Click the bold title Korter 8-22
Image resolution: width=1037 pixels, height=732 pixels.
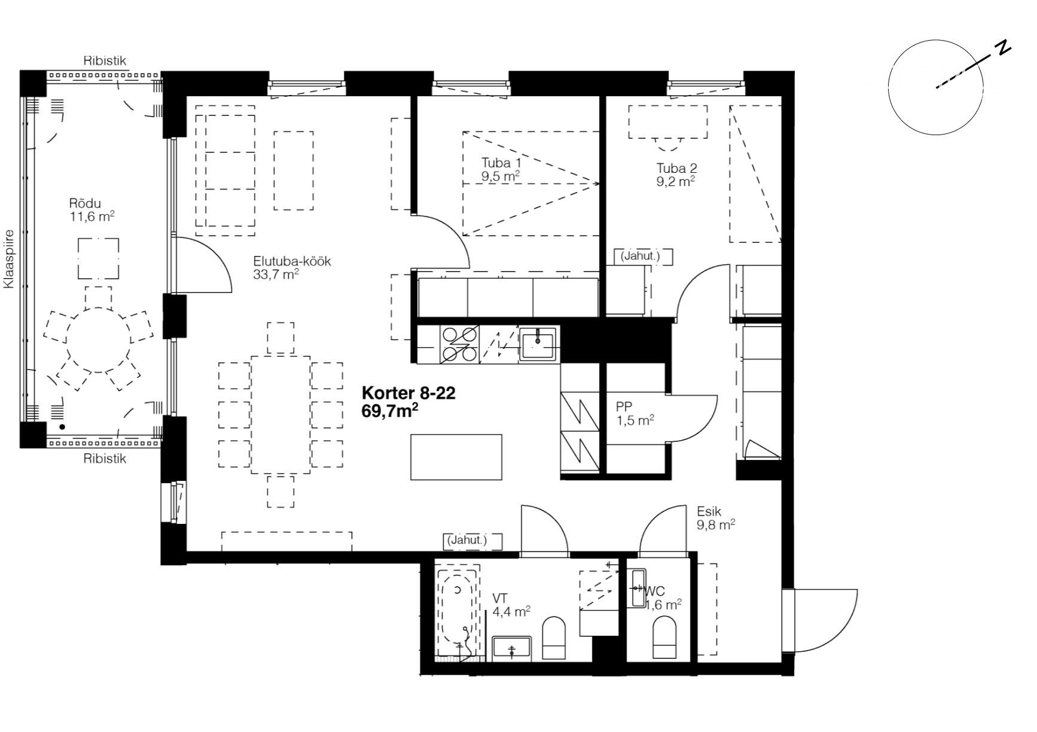tap(408, 394)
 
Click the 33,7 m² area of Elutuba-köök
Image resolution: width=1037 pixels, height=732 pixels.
tap(276, 274)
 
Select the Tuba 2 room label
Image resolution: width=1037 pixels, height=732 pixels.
tap(676, 168)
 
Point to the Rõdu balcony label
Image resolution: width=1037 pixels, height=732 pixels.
tap(85, 203)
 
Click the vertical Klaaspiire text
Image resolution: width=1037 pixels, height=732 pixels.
tap(8, 260)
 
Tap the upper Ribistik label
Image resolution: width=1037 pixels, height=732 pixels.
tap(105, 61)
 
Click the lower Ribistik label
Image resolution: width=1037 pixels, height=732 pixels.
tap(105, 459)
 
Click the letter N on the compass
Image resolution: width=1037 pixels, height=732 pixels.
tap(1003, 48)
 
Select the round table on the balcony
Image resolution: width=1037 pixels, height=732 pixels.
tap(98, 340)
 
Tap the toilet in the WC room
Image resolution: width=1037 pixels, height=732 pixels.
tap(664, 638)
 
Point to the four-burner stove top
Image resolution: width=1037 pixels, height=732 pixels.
tap(459, 345)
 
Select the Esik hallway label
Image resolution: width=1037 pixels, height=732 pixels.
tap(709, 512)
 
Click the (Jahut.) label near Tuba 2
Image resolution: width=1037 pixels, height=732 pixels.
tap(640, 257)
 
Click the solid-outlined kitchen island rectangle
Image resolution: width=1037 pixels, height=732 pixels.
tap(456, 457)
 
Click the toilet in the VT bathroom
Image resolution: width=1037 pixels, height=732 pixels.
tap(553, 638)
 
